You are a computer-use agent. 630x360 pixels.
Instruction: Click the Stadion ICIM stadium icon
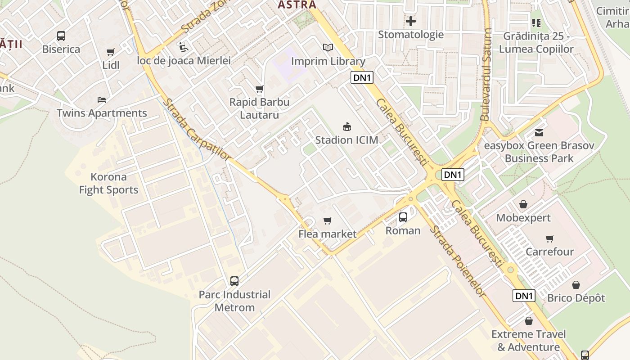coord(346,126)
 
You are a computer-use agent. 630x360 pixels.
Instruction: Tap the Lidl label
coord(111,65)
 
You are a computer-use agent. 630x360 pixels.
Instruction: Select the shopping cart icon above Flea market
coord(328,220)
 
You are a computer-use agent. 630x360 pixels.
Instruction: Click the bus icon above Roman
coord(403,217)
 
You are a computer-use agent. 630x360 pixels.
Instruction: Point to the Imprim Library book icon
coord(328,47)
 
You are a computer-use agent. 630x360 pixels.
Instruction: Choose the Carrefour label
coord(549,252)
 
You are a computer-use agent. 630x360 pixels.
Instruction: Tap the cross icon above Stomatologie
coord(410,21)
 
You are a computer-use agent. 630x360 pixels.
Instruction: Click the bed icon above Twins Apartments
coord(102,99)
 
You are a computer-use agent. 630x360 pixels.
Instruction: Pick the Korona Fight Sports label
coord(108,183)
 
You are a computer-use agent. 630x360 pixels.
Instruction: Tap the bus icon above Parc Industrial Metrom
coord(234,281)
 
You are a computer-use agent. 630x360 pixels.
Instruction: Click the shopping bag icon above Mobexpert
coord(523,205)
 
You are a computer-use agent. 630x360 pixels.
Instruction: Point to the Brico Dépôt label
coord(576,298)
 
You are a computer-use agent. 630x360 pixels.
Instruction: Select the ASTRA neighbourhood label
coord(297,5)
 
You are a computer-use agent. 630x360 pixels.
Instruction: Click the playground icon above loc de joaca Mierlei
coord(183,47)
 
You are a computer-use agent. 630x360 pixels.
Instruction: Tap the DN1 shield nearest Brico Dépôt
coord(524,296)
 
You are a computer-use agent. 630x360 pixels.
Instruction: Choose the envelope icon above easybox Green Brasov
coord(539,132)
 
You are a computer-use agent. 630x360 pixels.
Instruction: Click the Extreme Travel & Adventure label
coord(528,341)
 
